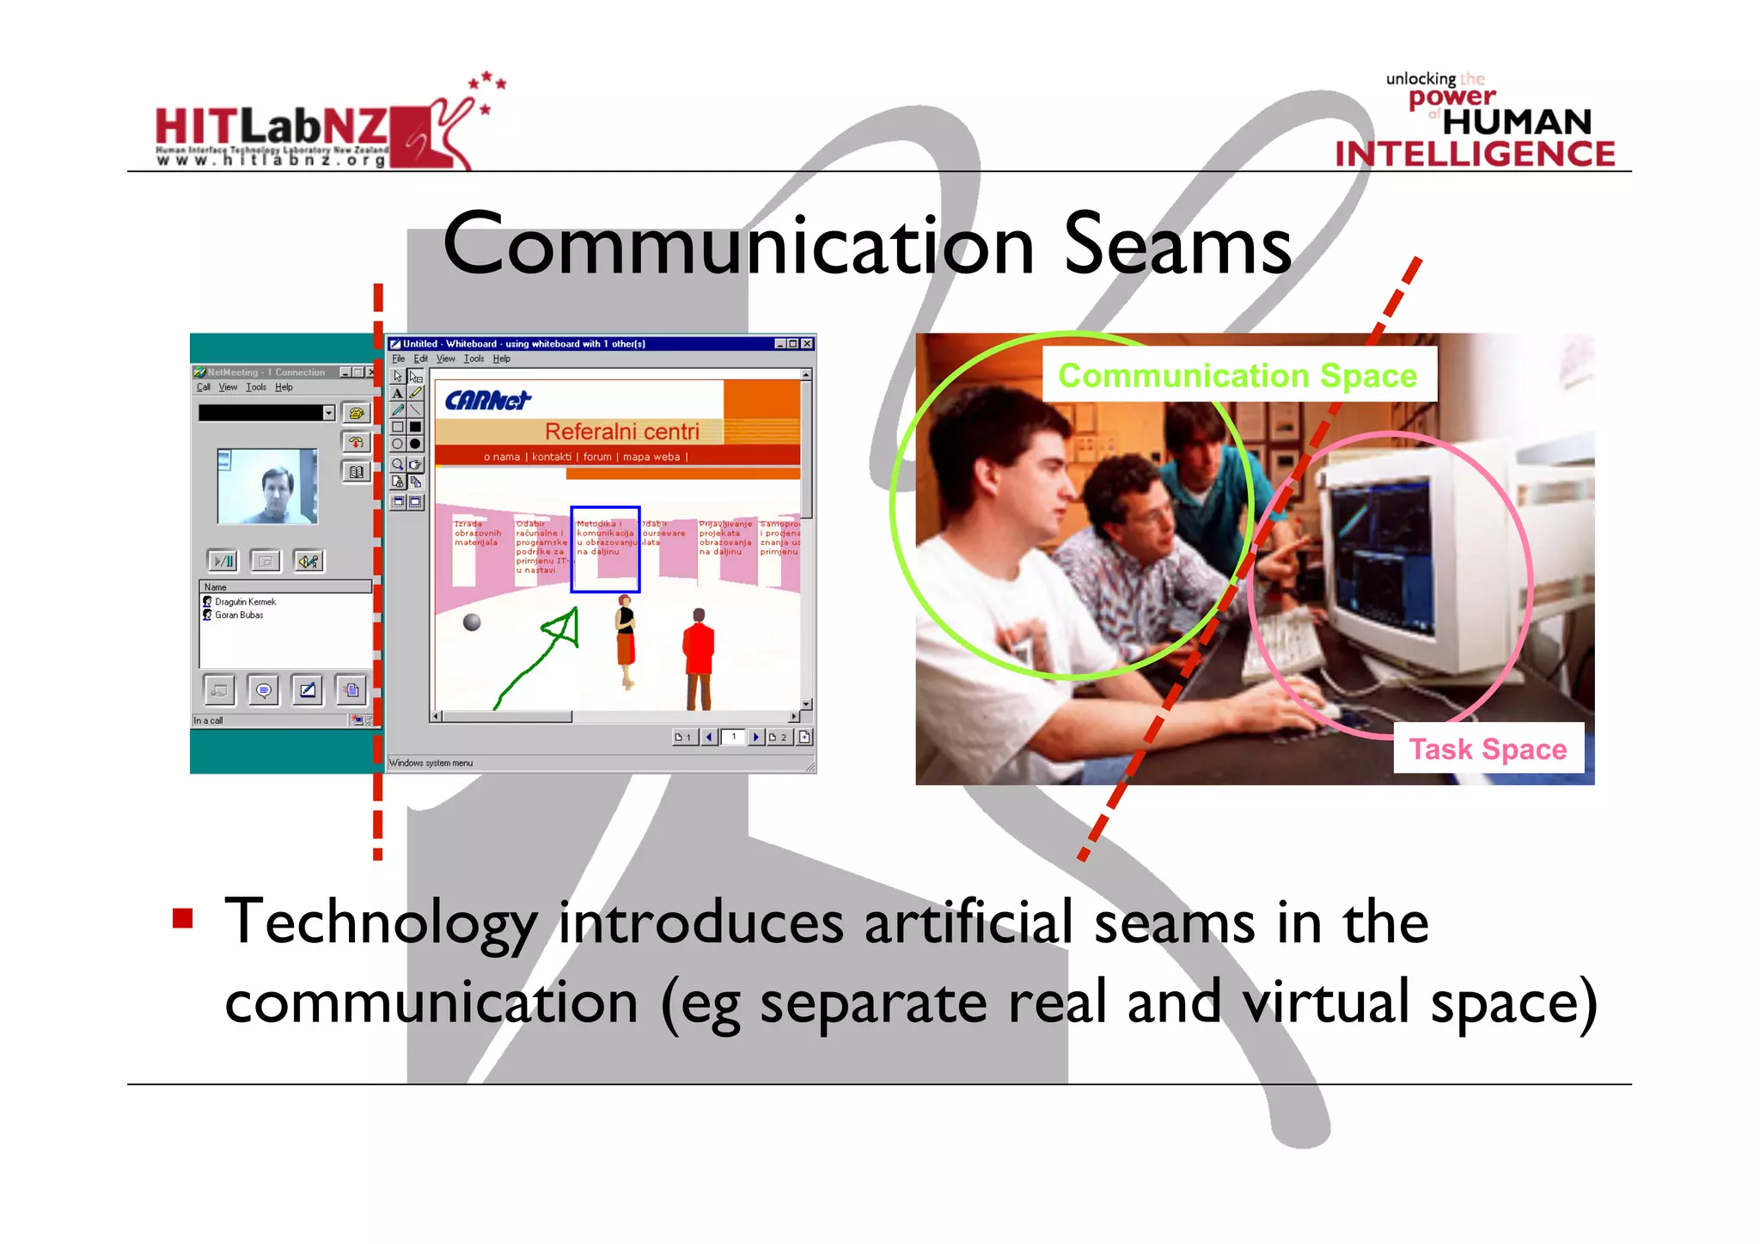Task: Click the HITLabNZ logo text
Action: tap(271, 127)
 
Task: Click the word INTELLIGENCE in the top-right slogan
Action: tap(1475, 154)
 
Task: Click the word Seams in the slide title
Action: tap(1177, 246)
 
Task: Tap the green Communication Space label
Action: tap(1237, 376)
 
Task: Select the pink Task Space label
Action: tap(1488, 750)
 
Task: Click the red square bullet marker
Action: tap(182, 918)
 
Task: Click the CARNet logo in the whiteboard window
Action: tap(487, 401)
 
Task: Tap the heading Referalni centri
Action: tap(621, 432)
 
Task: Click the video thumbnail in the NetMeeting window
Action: tap(267, 486)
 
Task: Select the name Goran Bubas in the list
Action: tap(239, 616)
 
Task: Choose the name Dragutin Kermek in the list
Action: tap(245, 602)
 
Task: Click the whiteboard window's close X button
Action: tap(807, 344)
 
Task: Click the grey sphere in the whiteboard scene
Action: tap(472, 622)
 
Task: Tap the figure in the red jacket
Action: tap(699, 653)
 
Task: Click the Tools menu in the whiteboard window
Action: tap(474, 359)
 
